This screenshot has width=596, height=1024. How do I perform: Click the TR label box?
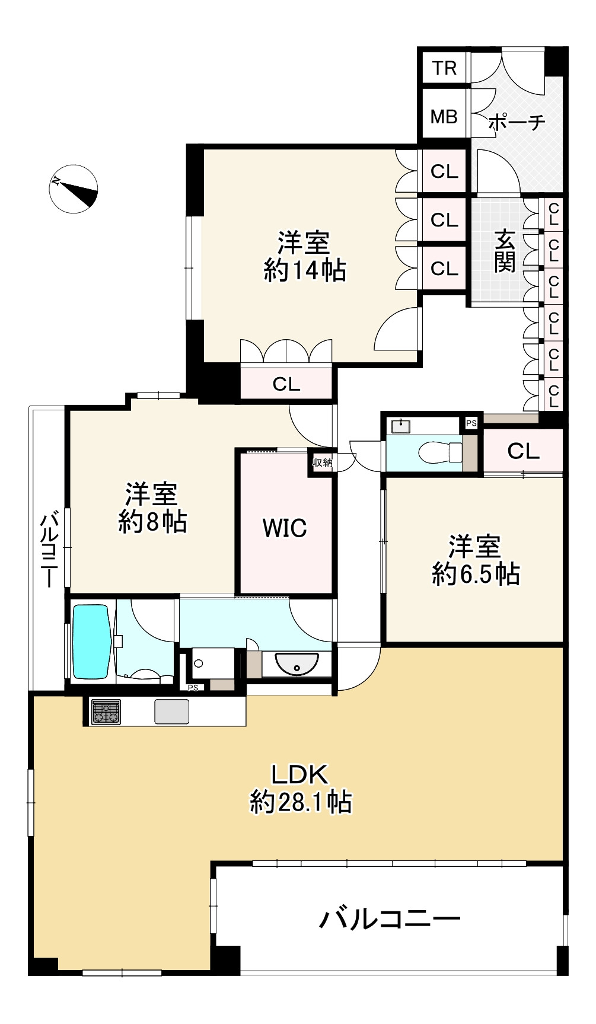click(444, 68)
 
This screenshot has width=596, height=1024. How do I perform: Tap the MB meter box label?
click(444, 117)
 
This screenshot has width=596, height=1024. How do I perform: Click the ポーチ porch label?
click(517, 122)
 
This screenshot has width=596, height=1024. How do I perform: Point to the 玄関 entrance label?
click(505, 251)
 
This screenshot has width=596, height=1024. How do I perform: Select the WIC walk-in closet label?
click(285, 528)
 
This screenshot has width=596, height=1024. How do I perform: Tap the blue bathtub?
click(92, 641)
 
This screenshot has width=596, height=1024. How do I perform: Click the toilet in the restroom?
click(440, 452)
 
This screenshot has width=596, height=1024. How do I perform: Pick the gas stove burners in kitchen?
click(106, 712)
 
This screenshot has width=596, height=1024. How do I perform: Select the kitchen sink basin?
click(172, 712)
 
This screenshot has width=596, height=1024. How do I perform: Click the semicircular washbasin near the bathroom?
click(297, 663)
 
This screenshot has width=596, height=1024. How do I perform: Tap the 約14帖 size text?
click(305, 271)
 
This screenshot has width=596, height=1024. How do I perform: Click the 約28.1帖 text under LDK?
click(301, 802)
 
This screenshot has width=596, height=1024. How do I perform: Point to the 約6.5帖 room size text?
click(476, 574)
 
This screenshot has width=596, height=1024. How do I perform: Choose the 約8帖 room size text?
click(152, 522)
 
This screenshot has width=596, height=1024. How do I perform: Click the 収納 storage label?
click(323, 462)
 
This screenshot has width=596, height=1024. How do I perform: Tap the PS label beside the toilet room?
click(471, 423)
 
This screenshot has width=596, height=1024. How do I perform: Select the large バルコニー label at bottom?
click(390, 919)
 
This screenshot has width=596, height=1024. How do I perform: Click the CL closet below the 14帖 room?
click(286, 384)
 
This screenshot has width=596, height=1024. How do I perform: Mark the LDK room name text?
click(299, 774)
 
